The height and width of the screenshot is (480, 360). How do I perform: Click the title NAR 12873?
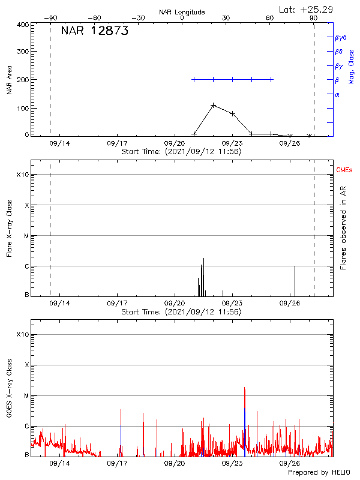coord(95,31)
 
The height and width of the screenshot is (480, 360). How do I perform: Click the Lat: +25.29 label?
coord(307,9)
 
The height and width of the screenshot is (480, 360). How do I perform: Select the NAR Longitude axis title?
coord(182,12)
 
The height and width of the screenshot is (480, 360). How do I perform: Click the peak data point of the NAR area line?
coord(213,106)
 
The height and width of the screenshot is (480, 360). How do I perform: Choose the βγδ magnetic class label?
coord(341,37)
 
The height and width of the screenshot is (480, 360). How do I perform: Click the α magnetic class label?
coord(337,94)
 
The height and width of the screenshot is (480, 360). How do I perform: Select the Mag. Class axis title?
coord(352,65)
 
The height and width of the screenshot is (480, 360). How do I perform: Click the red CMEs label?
coord(344,170)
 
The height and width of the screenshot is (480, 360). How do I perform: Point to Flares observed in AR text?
coord(343,228)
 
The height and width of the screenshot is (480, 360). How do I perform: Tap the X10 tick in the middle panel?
coord(22,175)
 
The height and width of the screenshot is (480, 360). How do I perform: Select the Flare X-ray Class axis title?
coord(9,229)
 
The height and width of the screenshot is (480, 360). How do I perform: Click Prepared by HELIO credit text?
coord(319,473)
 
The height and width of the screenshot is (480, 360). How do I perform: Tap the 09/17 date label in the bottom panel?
coord(117,463)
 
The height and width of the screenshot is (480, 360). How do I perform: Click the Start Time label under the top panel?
coord(181,151)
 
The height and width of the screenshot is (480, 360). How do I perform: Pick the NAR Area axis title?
coord(9,80)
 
